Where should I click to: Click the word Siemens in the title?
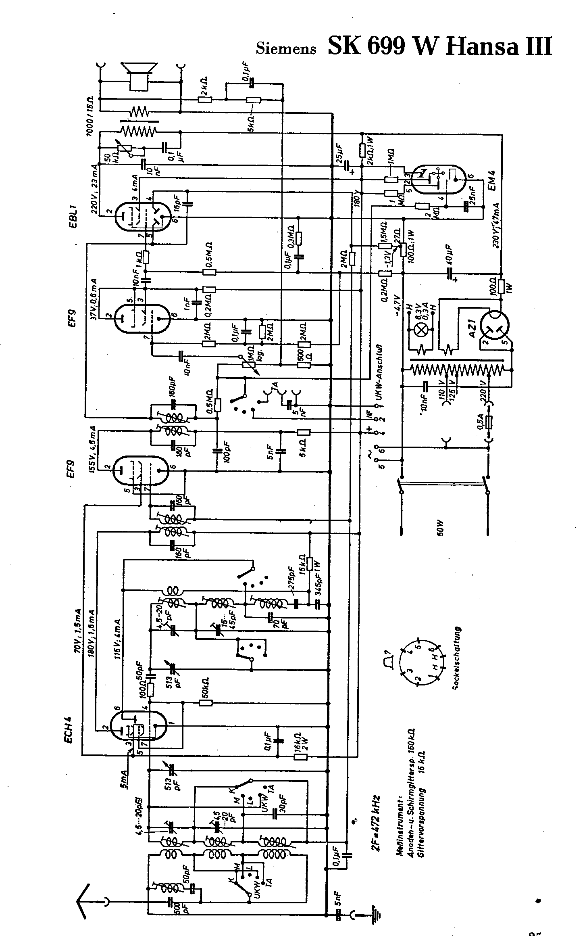[286, 48]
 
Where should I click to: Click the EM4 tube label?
[491, 179]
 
